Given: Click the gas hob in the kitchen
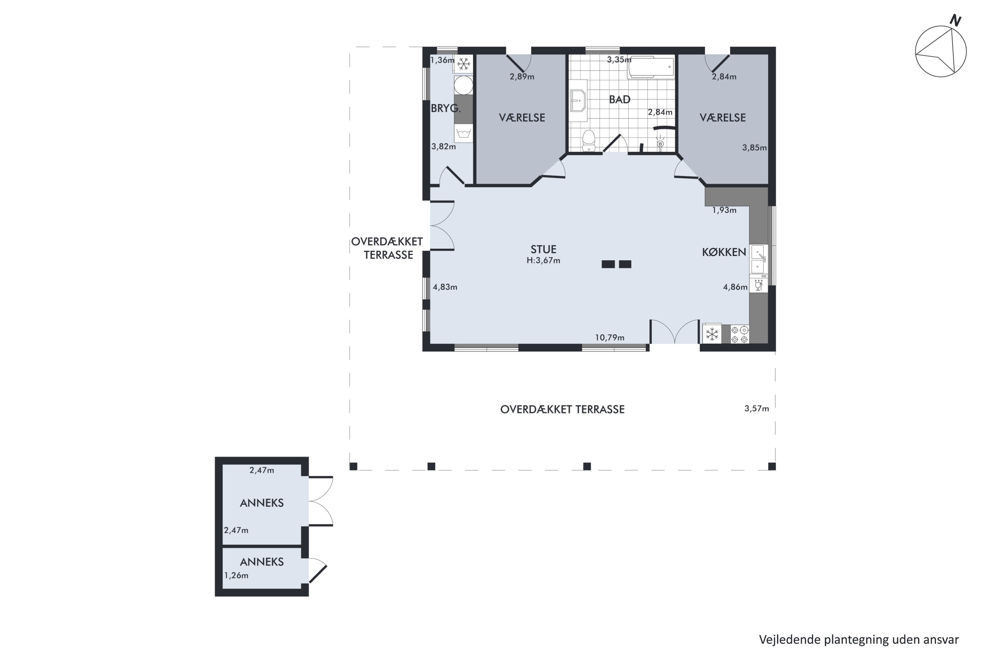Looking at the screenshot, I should [x=740, y=334].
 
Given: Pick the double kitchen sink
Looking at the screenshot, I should [x=758, y=259].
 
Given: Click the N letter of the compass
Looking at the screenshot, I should [x=955, y=20].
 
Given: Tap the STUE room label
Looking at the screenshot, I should [x=543, y=249].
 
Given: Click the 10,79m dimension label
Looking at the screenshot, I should [x=610, y=338].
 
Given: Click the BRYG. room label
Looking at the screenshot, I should [x=445, y=109].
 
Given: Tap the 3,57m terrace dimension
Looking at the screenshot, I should [x=757, y=409].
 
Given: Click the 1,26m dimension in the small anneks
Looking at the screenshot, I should [x=236, y=575].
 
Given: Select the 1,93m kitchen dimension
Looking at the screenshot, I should [x=724, y=210].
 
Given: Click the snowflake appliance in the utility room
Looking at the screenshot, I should [x=464, y=64].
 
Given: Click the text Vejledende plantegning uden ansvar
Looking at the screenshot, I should [x=858, y=639].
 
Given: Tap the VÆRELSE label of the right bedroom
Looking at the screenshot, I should [x=723, y=118].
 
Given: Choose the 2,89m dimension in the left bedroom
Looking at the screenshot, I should [x=522, y=77].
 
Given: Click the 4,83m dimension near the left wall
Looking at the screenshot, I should [x=445, y=287].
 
